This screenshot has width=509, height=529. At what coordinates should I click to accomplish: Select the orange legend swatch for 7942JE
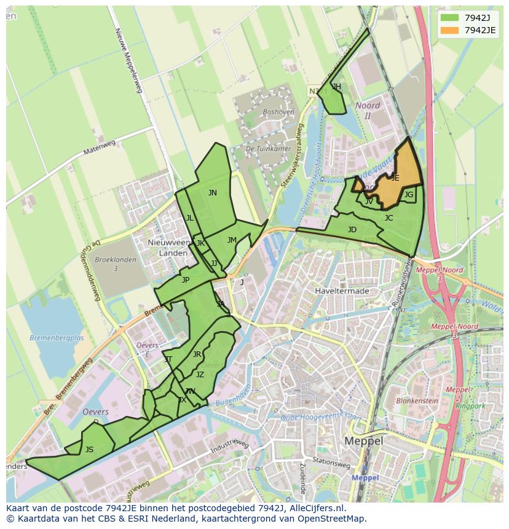click(x=449, y=30)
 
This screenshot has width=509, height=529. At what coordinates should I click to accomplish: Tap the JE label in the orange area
click(x=395, y=178)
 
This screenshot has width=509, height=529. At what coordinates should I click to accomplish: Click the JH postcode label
click(x=336, y=87)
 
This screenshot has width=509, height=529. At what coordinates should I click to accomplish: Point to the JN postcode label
click(x=212, y=193)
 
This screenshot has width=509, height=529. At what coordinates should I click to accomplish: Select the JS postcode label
click(x=89, y=450)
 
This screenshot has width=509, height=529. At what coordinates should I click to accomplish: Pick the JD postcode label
click(x=352, y=230)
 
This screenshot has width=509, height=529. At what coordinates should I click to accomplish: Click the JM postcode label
click(x=232, y=240)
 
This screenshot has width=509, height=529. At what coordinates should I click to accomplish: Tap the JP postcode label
click(x=185, y=280)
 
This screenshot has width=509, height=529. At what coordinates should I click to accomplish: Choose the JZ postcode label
click(x=200, y=375)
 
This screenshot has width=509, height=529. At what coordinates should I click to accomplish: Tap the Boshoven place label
click(x=278, y=112)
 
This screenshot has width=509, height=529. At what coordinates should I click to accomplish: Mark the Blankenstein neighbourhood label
click(x=417, y=401)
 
